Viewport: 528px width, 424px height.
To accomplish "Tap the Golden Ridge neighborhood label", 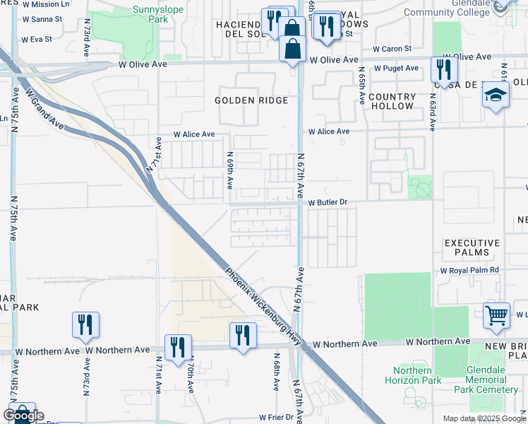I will [x=251, y=100].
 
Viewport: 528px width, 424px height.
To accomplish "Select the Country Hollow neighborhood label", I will [x=390, y=101].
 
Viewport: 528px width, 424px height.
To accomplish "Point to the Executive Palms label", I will [x=472, y=247].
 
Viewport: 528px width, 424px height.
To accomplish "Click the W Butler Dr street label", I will [x=328, y=202].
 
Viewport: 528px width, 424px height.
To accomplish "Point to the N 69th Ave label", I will [x=230, y=170].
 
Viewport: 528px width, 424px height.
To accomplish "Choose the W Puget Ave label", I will [x=396, y=69].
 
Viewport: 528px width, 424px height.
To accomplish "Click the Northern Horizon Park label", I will [x=412, y=375].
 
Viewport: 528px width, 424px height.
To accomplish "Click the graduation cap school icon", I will [x=496, y=95].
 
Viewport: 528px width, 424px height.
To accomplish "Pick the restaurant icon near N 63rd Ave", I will [x=444, y=69].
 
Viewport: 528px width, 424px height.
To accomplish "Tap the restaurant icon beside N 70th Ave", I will [x=177, y=346].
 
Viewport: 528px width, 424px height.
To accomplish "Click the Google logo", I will [x=23, y=416].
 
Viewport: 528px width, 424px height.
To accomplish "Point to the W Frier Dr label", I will [x=275, y=417].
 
